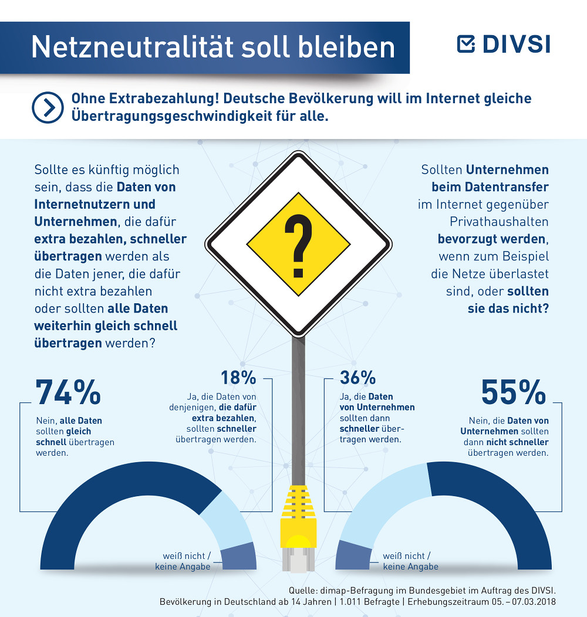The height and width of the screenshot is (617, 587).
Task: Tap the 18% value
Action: (238, 377)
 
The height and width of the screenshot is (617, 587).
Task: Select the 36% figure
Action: (357, 377)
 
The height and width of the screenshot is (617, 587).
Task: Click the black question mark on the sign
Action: (298, 246)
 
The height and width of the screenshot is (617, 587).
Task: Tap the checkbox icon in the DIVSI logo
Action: (466, 44)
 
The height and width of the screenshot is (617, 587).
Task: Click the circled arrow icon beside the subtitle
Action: (48, 107)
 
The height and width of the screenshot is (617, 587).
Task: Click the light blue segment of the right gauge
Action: (378, 500)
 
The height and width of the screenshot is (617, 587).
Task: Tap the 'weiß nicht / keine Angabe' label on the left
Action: (183, 561)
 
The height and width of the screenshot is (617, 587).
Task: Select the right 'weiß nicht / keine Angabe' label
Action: (410, 561)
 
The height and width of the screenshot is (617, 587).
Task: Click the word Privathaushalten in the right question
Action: (499, 222)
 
